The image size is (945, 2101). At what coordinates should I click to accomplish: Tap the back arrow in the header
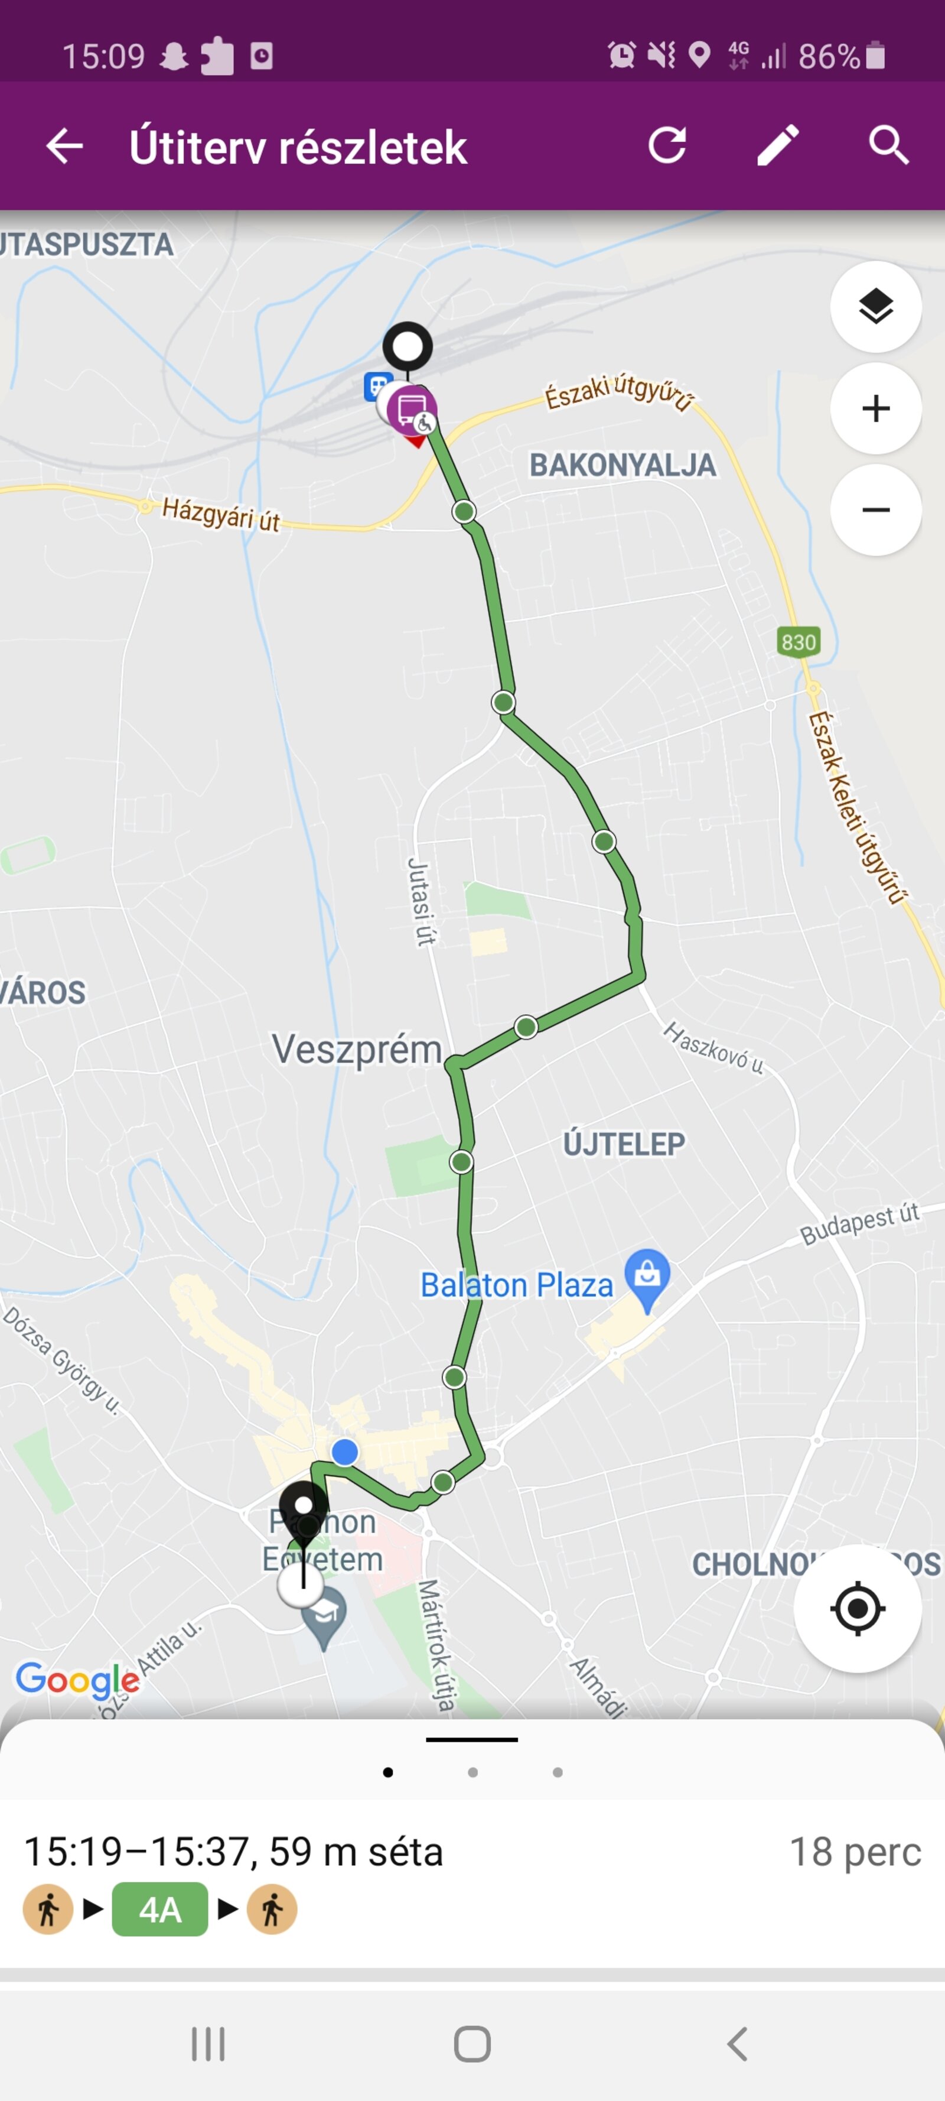[64, 147]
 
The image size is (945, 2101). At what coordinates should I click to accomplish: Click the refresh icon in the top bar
[667, 146]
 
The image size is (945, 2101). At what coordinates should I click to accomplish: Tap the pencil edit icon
[778, 146]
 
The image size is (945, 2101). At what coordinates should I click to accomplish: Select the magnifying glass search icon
[888, 146]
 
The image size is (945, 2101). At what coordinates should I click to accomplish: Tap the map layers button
[876, 307]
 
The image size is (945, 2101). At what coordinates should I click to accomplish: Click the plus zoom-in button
[876, 408]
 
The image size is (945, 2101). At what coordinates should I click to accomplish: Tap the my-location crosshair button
[857, 1608]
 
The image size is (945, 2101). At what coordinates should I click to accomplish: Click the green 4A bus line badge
[160, 1910]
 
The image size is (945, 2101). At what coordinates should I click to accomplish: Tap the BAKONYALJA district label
[623, 466]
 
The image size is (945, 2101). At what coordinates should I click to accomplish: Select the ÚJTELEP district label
[624, 1144]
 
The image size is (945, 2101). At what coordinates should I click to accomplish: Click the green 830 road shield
[799, 642]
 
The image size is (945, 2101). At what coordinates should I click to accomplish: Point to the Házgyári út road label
[221, 515]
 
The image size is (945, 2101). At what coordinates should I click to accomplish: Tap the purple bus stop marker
[412, 410]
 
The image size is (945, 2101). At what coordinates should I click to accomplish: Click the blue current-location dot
[345, 1451]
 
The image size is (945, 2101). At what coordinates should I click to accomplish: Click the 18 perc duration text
[855, 1852]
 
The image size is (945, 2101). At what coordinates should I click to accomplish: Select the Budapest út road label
[859, 1224]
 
